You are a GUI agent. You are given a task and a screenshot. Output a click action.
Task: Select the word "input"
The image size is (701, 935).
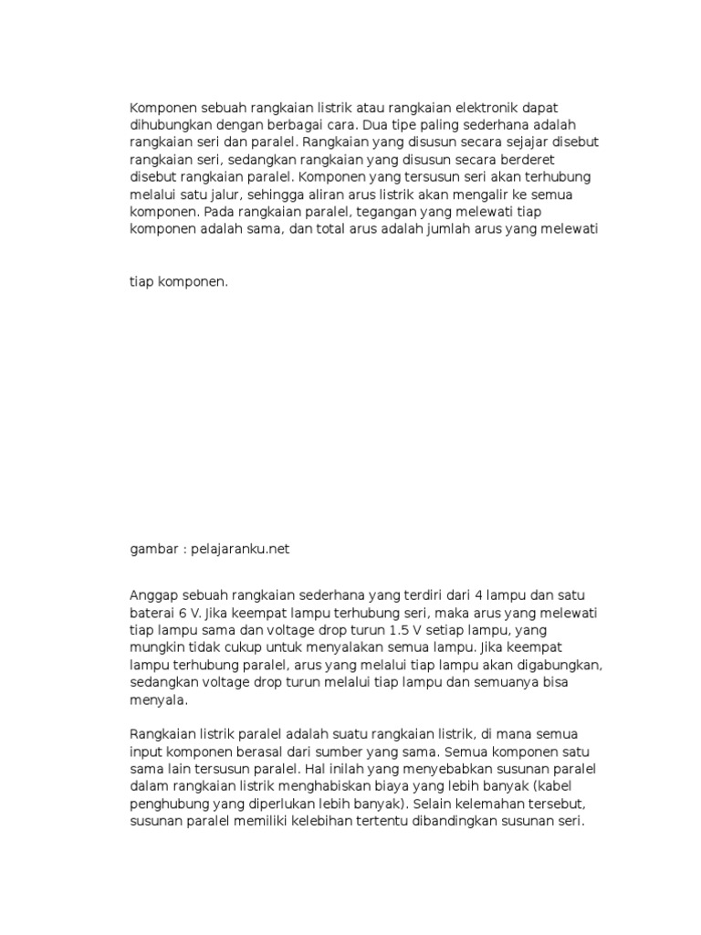(145, 751)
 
